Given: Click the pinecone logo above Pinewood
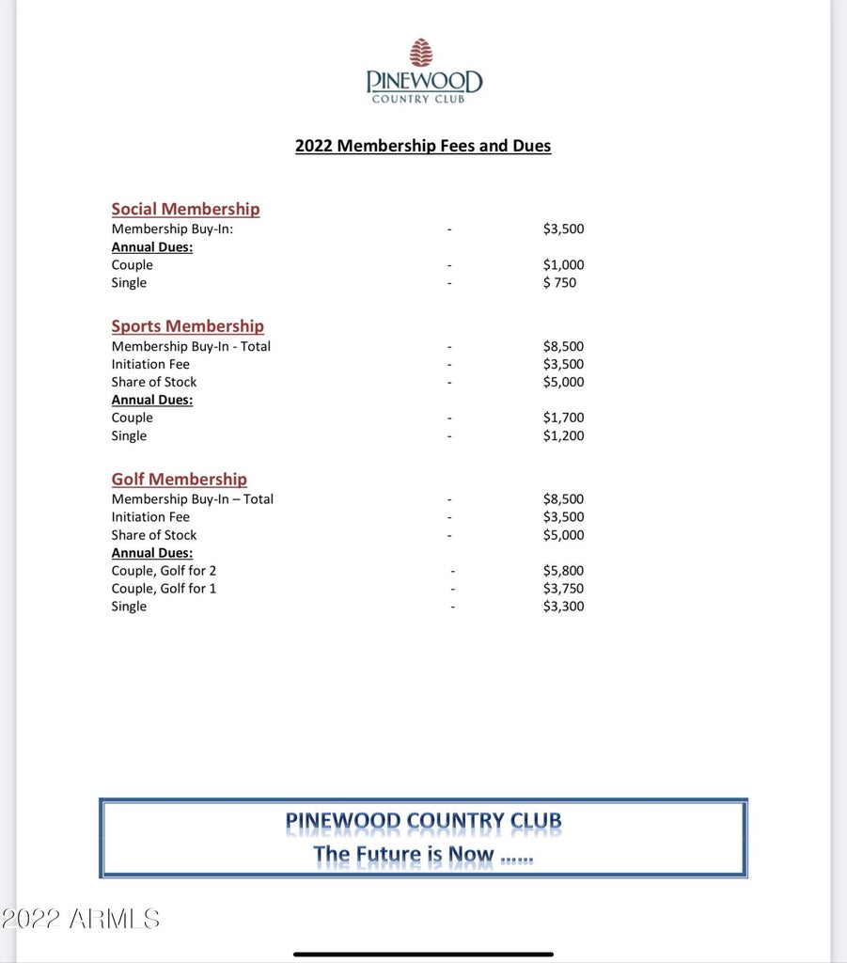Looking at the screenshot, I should tap(422, 53).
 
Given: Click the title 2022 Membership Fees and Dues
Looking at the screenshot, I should tap(422, 146).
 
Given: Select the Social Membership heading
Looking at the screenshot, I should tap(185, 209).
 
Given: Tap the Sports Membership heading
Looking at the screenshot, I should tap(187, 325).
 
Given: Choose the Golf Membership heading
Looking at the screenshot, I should tap(179, 479).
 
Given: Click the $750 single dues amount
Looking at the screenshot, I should tap(559, 283).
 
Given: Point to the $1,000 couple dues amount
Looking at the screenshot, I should tap(563, 265).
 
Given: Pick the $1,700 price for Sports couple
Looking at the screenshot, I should tap(563, 418).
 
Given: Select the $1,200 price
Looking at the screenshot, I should tap(563, 435).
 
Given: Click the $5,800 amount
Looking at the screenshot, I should tap(563, 571).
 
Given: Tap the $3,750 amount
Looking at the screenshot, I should tap(563, 589).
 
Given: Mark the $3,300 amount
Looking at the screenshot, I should tap(563, 607).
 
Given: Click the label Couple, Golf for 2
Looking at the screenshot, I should tap(164, 571).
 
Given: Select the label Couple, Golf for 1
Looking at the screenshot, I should tap(164, 589).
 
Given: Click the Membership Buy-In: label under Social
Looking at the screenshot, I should tap(172, 229).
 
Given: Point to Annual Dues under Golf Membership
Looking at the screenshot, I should tap(151, 553).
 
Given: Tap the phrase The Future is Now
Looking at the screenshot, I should tap(403, 855).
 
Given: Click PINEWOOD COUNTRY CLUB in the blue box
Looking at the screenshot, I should tap(423, 821).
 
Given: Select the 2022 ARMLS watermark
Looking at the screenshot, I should tap(80, 919).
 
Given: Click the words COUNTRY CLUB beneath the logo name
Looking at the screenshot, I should tap(417, 99).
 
